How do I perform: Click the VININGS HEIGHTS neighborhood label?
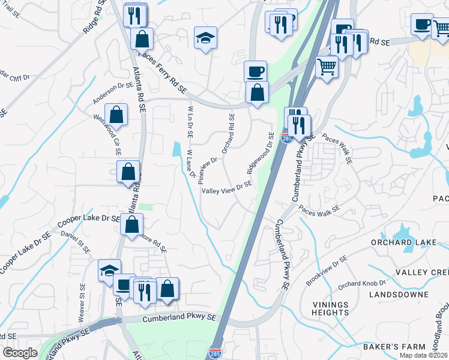331,308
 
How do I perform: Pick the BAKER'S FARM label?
394,347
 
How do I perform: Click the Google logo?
20,352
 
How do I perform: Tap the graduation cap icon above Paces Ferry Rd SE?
205,38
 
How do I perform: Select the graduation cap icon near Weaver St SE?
109,270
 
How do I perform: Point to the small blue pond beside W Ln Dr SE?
176,149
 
